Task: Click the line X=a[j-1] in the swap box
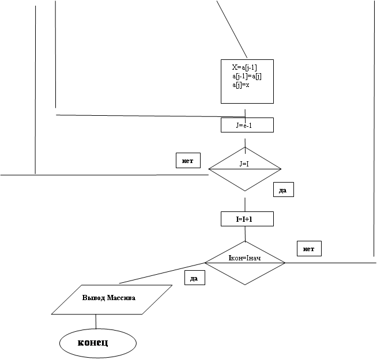pos(244,67)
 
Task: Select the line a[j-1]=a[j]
pos(247,76)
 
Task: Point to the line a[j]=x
pos(241,85)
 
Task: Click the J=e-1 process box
pos(247,125)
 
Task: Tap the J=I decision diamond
pos(245,169)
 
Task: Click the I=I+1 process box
pos(247,219)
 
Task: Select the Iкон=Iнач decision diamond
pos(245,263)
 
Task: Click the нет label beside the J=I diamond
pos(188,161)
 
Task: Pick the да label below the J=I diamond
pos(284,190)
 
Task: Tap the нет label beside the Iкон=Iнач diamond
pos(309,249)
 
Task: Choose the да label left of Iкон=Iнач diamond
pos(195,278)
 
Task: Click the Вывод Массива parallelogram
pos(112,300)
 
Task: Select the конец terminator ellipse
pos(98,343)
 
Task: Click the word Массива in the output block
pos(121,298)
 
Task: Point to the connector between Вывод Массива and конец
pos(96,321)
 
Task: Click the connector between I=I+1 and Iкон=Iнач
pos(245,234)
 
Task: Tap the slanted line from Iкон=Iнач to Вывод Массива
pos(162,273)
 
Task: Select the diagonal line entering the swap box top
pos(232,29)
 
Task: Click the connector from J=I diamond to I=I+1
pos(245,204)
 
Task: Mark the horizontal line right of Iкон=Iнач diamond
pos(331,263)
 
